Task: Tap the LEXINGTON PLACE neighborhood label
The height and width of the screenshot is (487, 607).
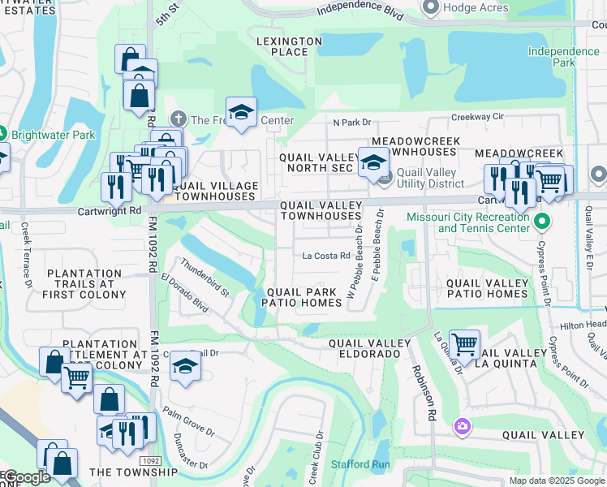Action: point(290,46)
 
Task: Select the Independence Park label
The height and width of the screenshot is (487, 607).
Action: point(563,57)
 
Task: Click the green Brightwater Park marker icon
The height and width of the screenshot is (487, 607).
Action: point(3,134)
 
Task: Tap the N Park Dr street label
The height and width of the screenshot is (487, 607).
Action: point(351,123)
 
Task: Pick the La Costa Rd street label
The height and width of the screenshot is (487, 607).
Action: point(325,256)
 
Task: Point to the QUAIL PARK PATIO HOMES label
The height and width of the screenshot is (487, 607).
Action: point(301,297)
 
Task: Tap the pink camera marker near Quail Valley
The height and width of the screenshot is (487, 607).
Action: point(462,425)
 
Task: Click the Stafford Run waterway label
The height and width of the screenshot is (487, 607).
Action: point(360,465)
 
